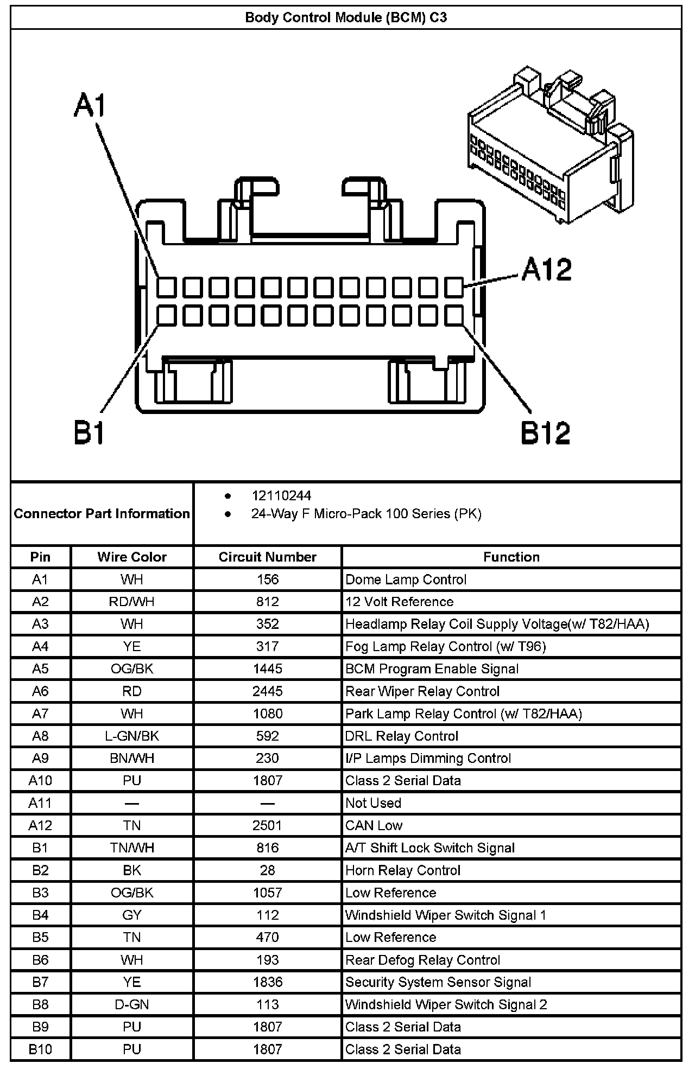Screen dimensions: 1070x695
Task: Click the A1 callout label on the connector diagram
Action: tap(90, 106)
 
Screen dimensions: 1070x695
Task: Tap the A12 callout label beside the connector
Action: tap(547, 270)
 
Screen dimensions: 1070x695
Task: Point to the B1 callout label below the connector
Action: tap(89, 433)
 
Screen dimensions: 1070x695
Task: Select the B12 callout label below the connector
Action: tap(546, 433)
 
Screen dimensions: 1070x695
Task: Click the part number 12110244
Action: tap(281, 495)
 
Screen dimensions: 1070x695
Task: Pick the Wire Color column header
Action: tap(132, 557)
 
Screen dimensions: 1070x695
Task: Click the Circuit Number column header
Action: tap(267, 557)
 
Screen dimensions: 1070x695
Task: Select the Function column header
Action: tap(511, 557)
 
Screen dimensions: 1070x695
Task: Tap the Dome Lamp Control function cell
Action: tap(406, 579)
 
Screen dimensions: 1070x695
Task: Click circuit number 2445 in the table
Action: tap(268, 691)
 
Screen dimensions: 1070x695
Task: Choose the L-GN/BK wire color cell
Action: tap(132, 736)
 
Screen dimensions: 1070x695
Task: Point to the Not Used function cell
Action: tap(373, 803)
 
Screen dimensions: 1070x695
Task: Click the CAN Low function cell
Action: tap(374, 825)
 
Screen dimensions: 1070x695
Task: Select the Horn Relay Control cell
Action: tap(403, 870)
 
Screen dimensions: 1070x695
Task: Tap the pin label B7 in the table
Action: tap(40, 982)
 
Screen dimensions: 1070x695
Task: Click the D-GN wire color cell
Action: tap(132, 1004)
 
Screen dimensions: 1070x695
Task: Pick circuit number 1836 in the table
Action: tap(268, 982)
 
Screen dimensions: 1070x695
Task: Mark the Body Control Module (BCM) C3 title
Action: tap(346, 17)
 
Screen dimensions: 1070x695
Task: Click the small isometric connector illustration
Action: tap(549, 144)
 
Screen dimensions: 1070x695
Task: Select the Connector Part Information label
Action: tap(102, 513)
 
